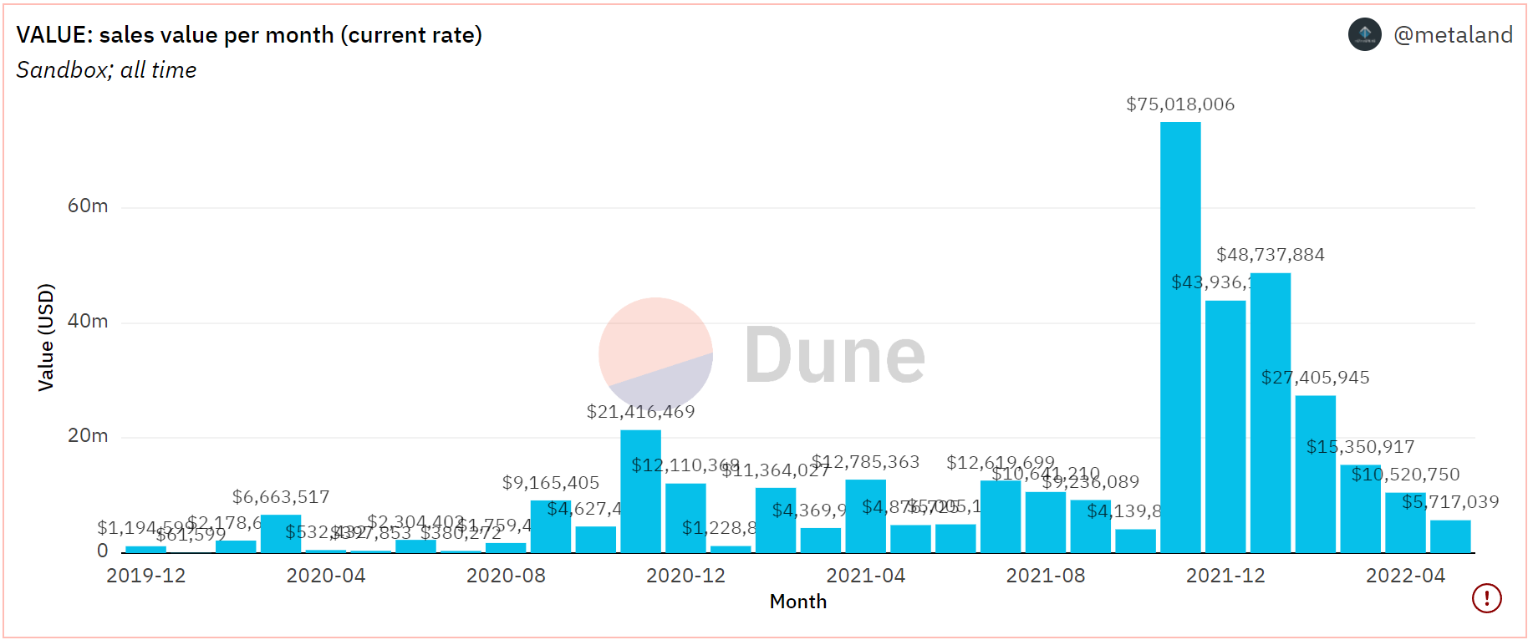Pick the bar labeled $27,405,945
1315,473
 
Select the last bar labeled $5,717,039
1449,536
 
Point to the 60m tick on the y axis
88,206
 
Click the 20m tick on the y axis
88,436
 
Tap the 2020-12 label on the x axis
685,576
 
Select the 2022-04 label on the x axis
1405,576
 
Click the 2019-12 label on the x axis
145,576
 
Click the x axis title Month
797,602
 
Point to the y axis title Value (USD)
46,338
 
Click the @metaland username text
1453,35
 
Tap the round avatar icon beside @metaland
1364,34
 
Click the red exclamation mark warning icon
1486,598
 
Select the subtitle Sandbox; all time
106,70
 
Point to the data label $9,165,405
550,483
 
